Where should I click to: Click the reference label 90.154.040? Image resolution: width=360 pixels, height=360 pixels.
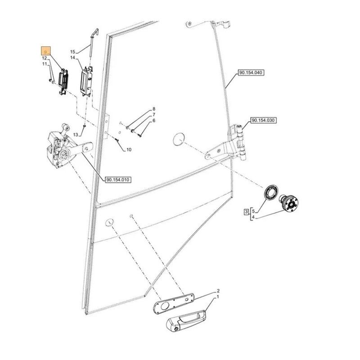point(251,72)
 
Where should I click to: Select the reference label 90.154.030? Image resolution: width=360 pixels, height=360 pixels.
point(264,121)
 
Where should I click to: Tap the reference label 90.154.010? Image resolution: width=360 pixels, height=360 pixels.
point(118,180)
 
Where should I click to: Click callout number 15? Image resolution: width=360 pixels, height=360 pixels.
point(72,52)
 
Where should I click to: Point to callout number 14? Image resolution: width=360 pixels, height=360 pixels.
point(72,58)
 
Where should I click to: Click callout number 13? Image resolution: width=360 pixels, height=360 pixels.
point(76,135)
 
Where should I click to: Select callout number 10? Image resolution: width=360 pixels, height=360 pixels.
point(129,149)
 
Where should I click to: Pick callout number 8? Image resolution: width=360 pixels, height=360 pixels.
point(153,109)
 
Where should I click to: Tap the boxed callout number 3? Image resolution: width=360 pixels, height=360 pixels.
point(246,211)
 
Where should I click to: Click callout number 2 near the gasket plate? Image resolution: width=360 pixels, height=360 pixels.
point(218,291)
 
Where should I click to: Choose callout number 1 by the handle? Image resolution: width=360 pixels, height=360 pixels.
point(218,297)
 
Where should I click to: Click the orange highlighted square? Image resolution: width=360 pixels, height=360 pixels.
point(46,51)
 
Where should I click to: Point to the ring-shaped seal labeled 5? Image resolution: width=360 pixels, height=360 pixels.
point(271,192)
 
